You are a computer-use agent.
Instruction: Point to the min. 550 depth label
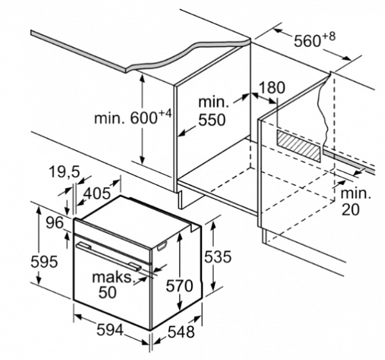[x=212, y=110]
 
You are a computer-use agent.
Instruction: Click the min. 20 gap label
[x=354, y=201]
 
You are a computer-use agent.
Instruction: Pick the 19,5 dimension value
[x=64, y=171]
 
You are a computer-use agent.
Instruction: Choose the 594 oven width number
[x=101, y=330]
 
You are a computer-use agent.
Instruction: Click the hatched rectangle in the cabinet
[x=298, y=146]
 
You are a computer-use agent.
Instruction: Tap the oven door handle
[x=107, y=255]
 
